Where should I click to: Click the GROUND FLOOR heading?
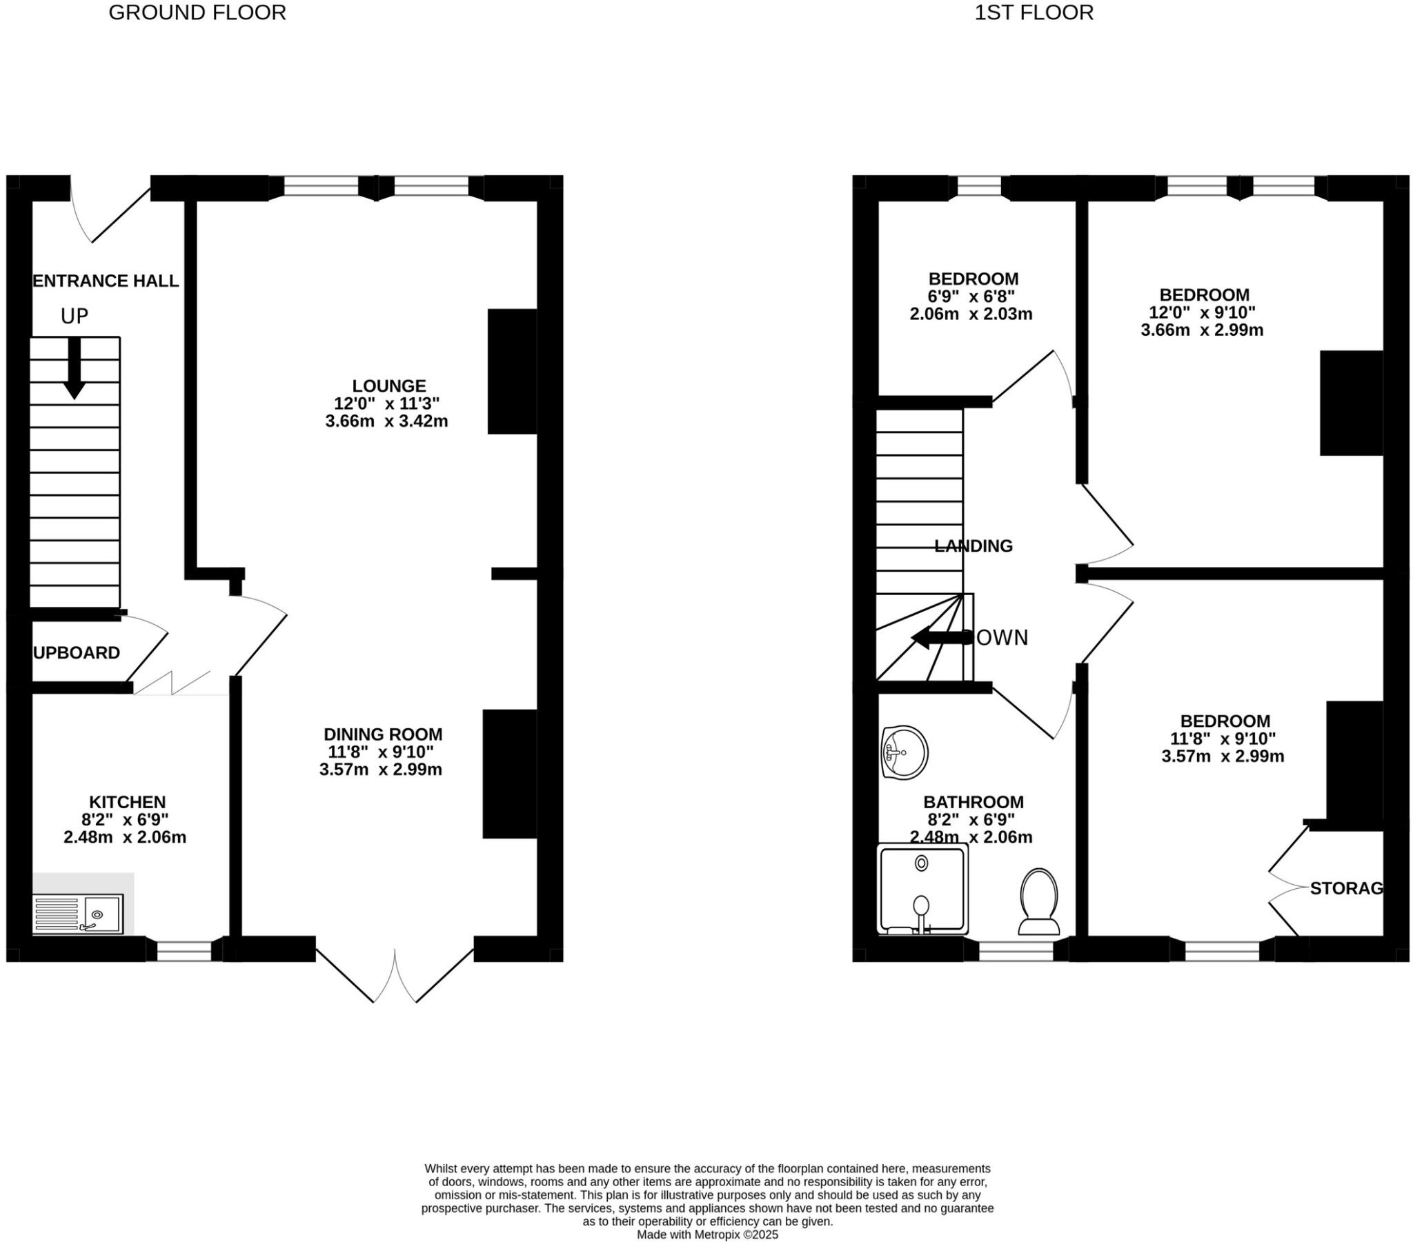(x=197, y=12)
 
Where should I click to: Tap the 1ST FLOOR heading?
(x=1034, y=12)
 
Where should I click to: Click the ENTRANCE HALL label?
(x=106, y=281)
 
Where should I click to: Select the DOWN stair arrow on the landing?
(x=940, y=638)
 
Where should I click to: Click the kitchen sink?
(x=79, y=914)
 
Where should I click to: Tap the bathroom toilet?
(x=1039, y=902)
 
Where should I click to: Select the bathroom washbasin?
(x=905, y=753)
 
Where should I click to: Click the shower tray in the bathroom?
(x=922, y=890)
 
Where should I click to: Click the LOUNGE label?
(x=388, y=385)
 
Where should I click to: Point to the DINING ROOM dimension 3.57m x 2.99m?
(x=380, y=769)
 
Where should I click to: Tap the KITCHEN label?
(x=127, y=802)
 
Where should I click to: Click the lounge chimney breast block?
(x=512, y=371)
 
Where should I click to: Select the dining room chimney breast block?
(x=509, y=774)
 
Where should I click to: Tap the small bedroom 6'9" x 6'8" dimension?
(x=971, y=297)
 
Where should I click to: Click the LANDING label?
(x=973, y=546)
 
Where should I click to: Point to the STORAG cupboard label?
(x=1346, y=888)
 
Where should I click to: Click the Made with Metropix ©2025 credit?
(x=706, y=1234)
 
